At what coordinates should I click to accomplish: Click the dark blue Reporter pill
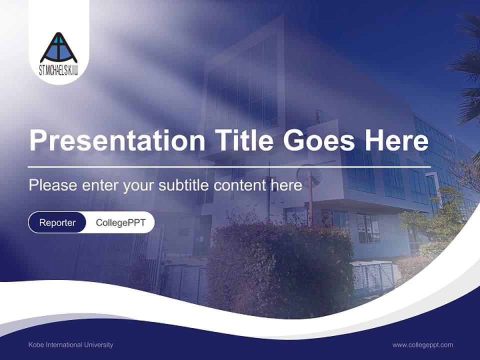point(57,222)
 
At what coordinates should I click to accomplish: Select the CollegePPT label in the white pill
point(120,222)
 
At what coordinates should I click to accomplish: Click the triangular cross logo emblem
point(59,48)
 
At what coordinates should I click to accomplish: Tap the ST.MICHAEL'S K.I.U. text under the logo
point(59,71)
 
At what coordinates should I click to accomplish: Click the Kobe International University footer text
point(70,344)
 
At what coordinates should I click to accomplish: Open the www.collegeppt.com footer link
point(422,344)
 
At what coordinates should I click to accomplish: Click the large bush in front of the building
point(280,265)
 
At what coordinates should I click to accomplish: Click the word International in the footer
point(64,344)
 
